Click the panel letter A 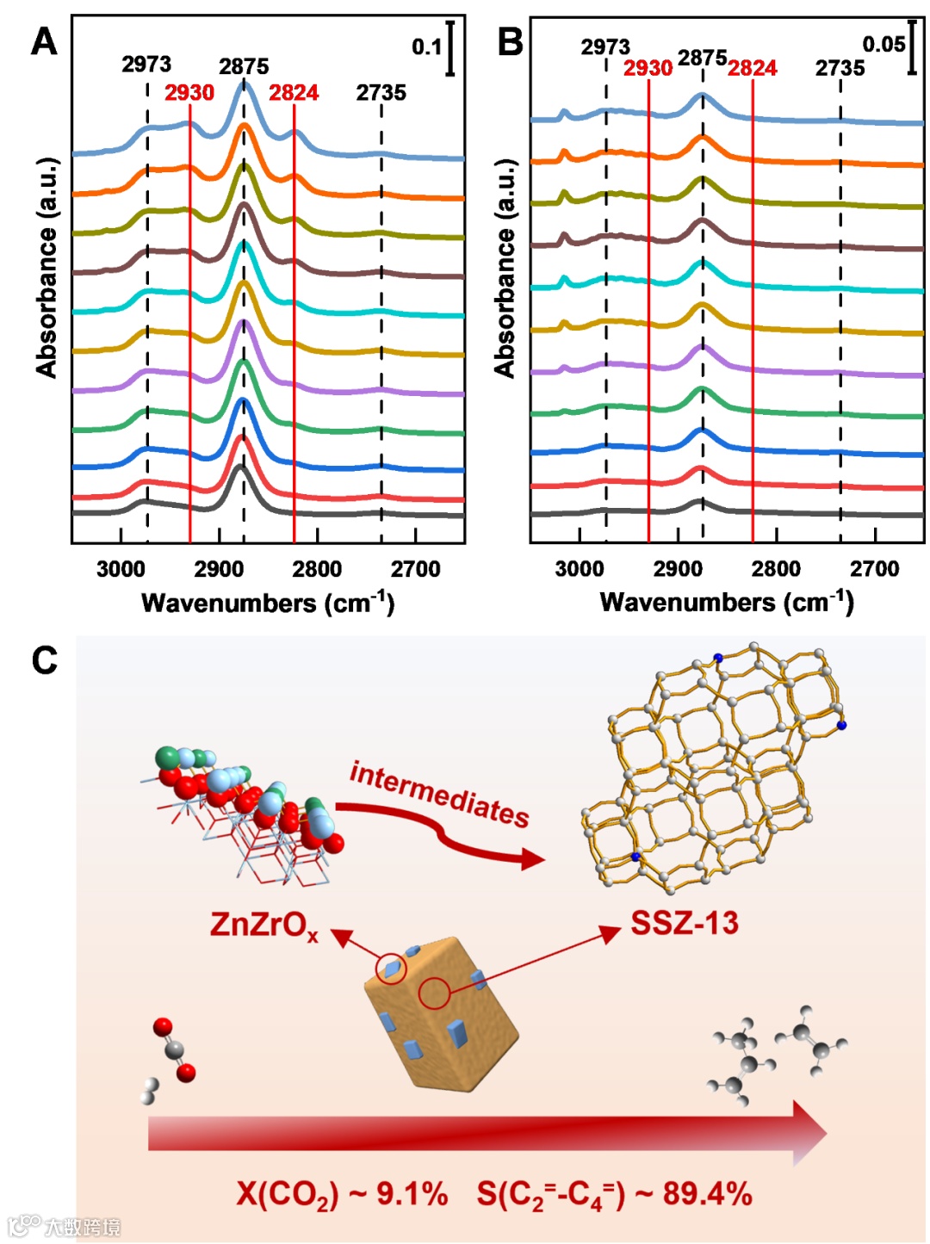tap(44, 40)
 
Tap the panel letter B tap(510, 40)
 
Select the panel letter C tap(44, 660)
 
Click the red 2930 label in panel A tap(189, 93)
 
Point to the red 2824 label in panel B tap(752, 68)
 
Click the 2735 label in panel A tap(381, 93)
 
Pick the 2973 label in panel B tap(604, 46)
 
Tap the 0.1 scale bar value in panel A tap(427, 46)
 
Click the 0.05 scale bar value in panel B tap(883, 44)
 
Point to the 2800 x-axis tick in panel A tap(317, 569)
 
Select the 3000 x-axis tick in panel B tap(579, 569)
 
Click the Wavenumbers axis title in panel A tap(268, 603)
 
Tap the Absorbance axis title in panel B tap(505, 268)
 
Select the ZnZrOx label tap(263, 925)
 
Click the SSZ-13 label tap(685, 924)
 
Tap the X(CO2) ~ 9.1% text tap(342, 1195)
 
